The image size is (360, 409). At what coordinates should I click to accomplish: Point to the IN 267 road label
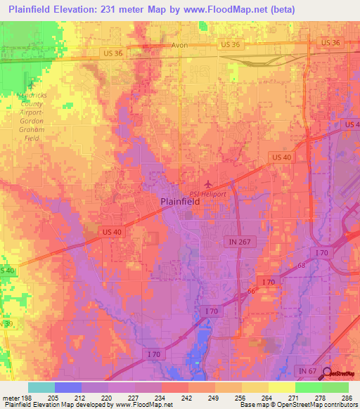point(238,241)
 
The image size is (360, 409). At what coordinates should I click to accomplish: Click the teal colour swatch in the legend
point(41,387)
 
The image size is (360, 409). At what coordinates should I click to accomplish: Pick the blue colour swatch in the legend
point(67,387)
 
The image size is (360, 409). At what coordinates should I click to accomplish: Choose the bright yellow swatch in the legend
point(281,387)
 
